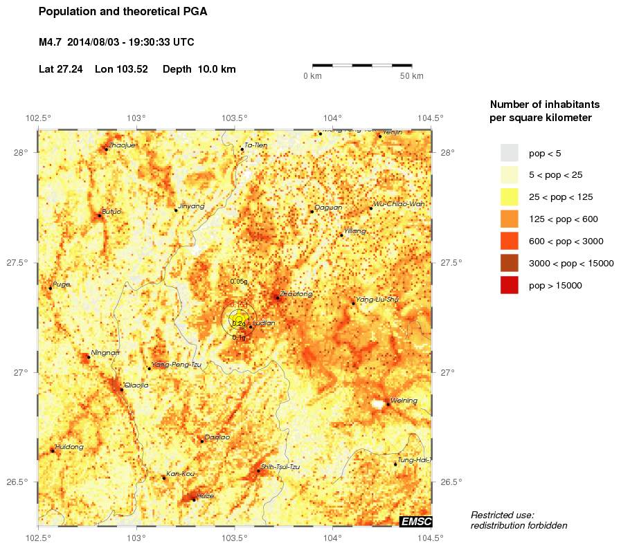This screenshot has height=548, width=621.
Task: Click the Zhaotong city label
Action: click(x=297, y=294)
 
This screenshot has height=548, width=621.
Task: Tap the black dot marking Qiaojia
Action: click(x=122, y=390)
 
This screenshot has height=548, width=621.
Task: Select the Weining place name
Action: click(x=404, y=401)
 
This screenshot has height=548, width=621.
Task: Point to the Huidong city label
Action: click(x=69, y=447)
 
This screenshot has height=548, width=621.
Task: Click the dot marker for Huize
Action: click(x=193, y=499)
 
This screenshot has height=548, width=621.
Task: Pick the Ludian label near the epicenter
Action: click(x=264, y=323)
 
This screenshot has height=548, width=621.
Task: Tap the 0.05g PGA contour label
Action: click(x=238, y=282)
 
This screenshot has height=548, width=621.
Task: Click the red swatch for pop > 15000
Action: click(x=509, y=285)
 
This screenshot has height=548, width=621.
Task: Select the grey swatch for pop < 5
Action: click(x=509, y=153)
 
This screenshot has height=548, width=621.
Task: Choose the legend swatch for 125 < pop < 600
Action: click(x=509, y=219)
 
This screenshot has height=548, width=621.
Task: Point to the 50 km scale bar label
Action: click(x=412, y=76)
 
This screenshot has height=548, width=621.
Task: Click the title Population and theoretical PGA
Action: click(x=123, y=12)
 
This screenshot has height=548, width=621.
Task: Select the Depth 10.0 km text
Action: click(x=199, y=69)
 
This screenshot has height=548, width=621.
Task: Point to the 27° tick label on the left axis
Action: click(x=21, y=372)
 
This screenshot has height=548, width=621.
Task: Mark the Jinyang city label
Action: click(x=192, y=206)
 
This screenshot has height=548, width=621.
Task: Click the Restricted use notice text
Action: click(x=519, y=520)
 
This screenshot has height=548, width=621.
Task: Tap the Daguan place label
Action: click(x=328, y=207)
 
